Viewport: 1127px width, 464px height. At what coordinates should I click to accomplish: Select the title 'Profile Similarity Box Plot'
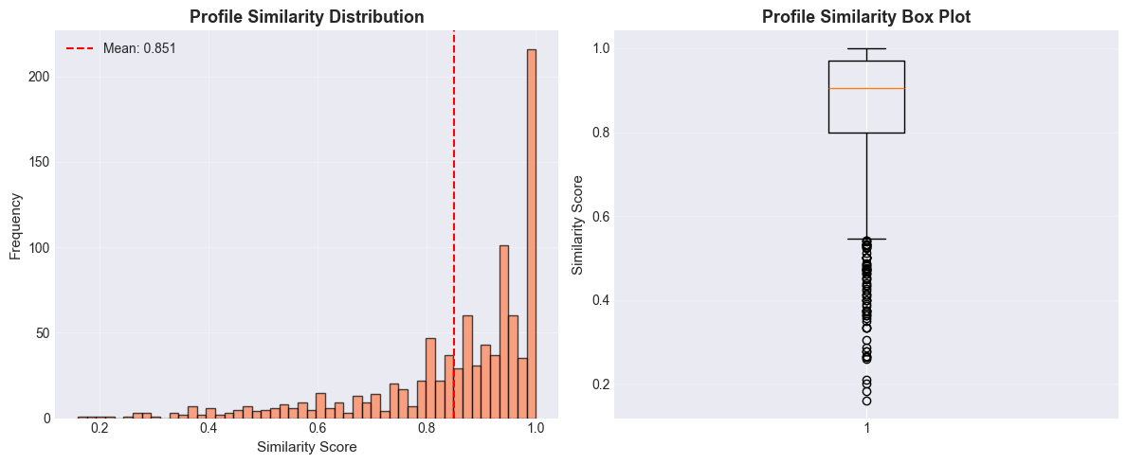point(866,16)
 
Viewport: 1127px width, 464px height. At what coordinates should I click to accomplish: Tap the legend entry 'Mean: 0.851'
point(139,48)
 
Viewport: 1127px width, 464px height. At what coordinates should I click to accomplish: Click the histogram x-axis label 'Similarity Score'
point(307,446)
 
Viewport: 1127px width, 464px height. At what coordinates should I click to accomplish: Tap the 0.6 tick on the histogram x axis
point(318,429)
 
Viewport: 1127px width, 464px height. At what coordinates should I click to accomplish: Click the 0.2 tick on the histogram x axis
point(100,429)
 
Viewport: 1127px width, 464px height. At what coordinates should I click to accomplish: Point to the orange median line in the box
point(866,88)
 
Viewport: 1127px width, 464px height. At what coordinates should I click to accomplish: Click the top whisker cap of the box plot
point(866,48)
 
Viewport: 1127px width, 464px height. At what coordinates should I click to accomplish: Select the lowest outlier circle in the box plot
point(866,401)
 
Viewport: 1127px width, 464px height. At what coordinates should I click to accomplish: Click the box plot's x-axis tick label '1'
point(866,429)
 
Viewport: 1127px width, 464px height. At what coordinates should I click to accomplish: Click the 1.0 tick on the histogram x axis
point(536,429)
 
